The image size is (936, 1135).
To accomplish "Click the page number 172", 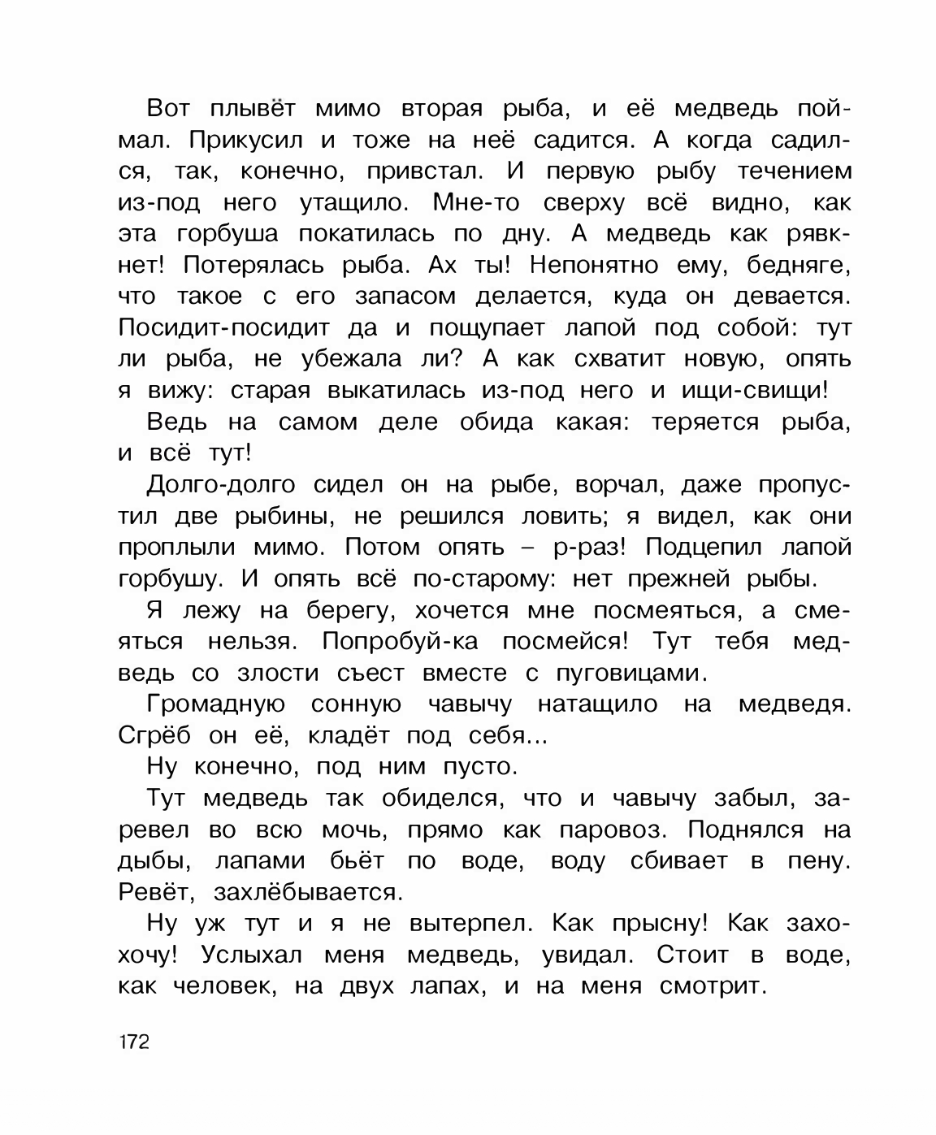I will click(133, 1042).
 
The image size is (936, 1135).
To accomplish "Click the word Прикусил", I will click(246, 141).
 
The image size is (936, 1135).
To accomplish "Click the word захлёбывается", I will click(307, 893).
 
